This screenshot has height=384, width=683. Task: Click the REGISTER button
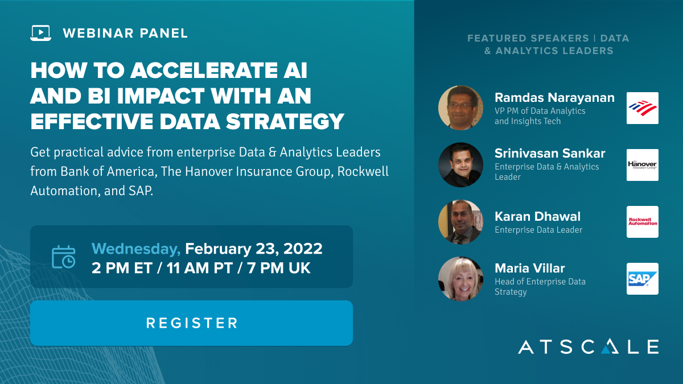click(x=191, y=323)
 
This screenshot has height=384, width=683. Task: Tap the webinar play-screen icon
click(x=40, y=33)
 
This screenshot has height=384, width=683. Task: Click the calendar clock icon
click(x=63, y=257)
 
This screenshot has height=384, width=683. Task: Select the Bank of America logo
click(x=643, y=108)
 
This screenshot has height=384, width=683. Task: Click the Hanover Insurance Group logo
click(x=643, y=165)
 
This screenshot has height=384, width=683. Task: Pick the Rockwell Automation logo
click(x=643, y=222)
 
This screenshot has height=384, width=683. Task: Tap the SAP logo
click(x=643, y=279)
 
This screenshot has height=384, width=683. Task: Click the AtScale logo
click(x=588, y=346)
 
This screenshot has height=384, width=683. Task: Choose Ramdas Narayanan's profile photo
click(x=460, y=108)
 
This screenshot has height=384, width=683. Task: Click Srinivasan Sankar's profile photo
click(x=460, y=165)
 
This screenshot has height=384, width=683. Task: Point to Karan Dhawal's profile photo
click(x=460, y=222)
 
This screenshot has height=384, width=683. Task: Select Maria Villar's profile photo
click(x=460, y=279)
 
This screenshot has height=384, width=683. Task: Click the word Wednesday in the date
click(x=136, y=249)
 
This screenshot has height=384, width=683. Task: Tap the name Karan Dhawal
click(x=537, y=216)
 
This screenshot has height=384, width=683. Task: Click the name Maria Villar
click(x=530, y=268)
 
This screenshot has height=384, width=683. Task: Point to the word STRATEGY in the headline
click(x=285, y=121)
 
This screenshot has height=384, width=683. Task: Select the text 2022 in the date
click(x=303, y=249)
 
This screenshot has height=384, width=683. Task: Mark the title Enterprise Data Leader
click(x=538, y=230)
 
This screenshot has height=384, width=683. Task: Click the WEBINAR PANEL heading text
click(x=125, y=33)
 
